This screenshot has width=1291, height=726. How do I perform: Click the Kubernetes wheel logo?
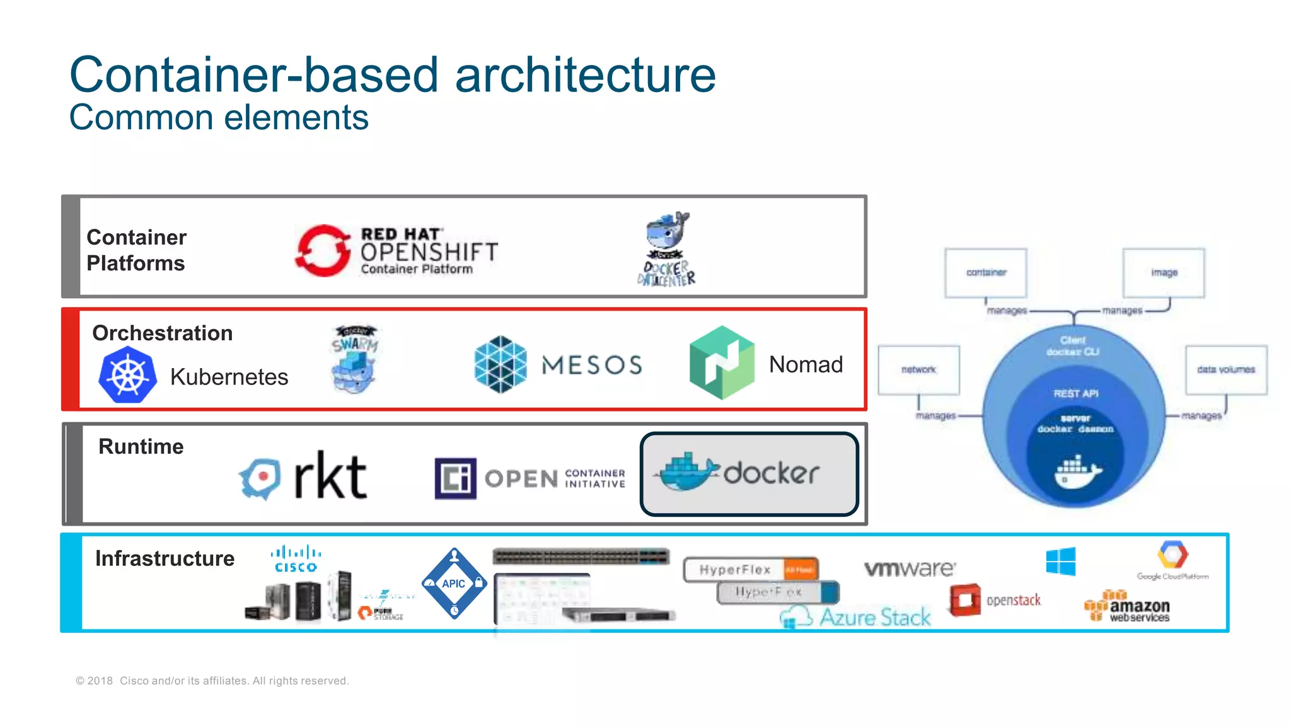click(127, 375)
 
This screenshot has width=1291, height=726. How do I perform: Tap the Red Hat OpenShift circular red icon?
click(323, 250)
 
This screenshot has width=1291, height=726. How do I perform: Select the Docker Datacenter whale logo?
click(668, 249)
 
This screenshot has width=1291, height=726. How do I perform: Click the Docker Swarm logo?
click(355, 359)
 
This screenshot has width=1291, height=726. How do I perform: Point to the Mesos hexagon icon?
click(500, 364)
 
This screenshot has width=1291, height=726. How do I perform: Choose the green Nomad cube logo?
click(722, 363)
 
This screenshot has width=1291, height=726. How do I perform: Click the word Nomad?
click(806, 364)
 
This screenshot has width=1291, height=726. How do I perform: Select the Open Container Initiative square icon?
click(455, 478)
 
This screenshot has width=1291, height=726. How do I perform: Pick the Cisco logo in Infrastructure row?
click(296, 558)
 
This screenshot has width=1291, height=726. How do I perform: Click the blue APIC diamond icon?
click(454, 584)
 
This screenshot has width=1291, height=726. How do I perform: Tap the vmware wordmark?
click(910, 568)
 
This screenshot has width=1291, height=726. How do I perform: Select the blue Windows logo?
click(1060, 561)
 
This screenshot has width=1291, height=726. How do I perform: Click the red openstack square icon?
click(965, 600)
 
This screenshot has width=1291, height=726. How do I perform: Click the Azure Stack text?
click(875, 617)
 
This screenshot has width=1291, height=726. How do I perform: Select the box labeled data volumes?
click(1225, 370)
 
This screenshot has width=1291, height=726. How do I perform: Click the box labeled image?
click(1163, 273)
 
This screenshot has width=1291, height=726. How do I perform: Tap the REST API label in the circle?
click(1075, 393)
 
